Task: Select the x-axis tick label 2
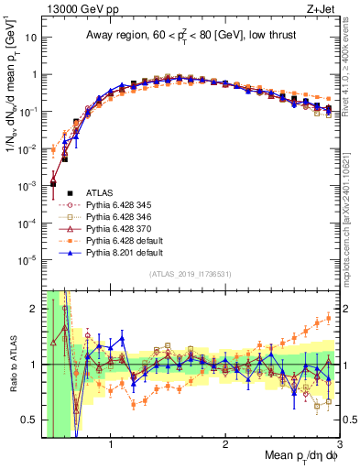pyautogui.click(x=225, y=444)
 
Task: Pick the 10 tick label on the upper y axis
pyautogui.click(x=31, y=39)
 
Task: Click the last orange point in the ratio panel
pyautogui.click(x=328, y=318)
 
